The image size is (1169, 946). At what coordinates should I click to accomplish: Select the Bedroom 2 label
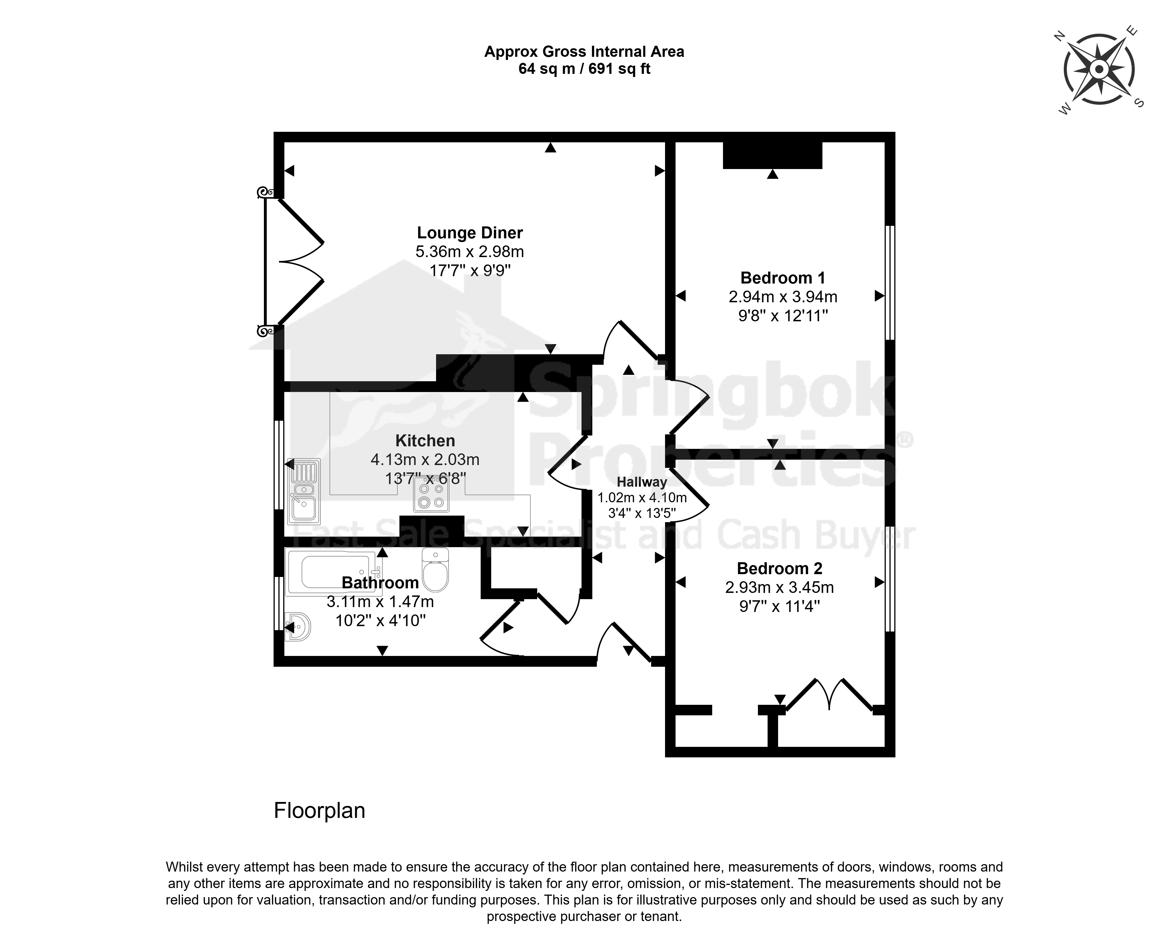click(779, 568)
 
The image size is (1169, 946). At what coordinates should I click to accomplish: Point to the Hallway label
click(642, 482)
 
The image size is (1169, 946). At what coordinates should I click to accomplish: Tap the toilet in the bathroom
click(435, 570)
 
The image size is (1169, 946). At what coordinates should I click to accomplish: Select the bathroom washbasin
click(297, 627)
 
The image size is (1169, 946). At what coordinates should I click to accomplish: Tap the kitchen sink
click(304, 491)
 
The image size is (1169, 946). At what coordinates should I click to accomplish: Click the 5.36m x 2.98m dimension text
click(470, 252)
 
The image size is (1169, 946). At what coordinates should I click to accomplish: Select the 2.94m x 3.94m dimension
click(783, 297)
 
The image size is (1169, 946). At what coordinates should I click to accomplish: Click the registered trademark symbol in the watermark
click(905, 439)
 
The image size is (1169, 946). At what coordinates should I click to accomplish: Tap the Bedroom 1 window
click(889, 283)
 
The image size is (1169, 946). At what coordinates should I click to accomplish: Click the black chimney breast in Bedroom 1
click(772, 155)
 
